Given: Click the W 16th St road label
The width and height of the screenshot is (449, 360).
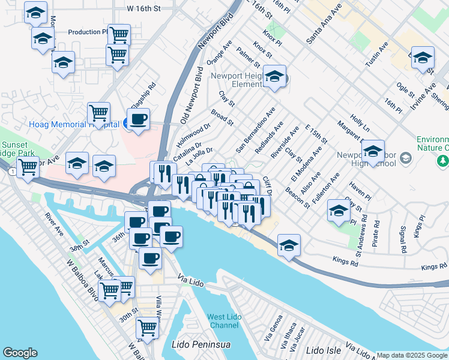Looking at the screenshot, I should click(x=144, y=9).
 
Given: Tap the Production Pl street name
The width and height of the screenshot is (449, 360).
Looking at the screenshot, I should click(x=87, y=32).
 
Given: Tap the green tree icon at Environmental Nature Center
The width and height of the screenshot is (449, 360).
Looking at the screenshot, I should click(x=443, y=160).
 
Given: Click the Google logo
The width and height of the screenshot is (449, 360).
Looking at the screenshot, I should click(x=20, y=353).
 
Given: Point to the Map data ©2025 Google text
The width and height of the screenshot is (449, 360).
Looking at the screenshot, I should click(x=411, y=355).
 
